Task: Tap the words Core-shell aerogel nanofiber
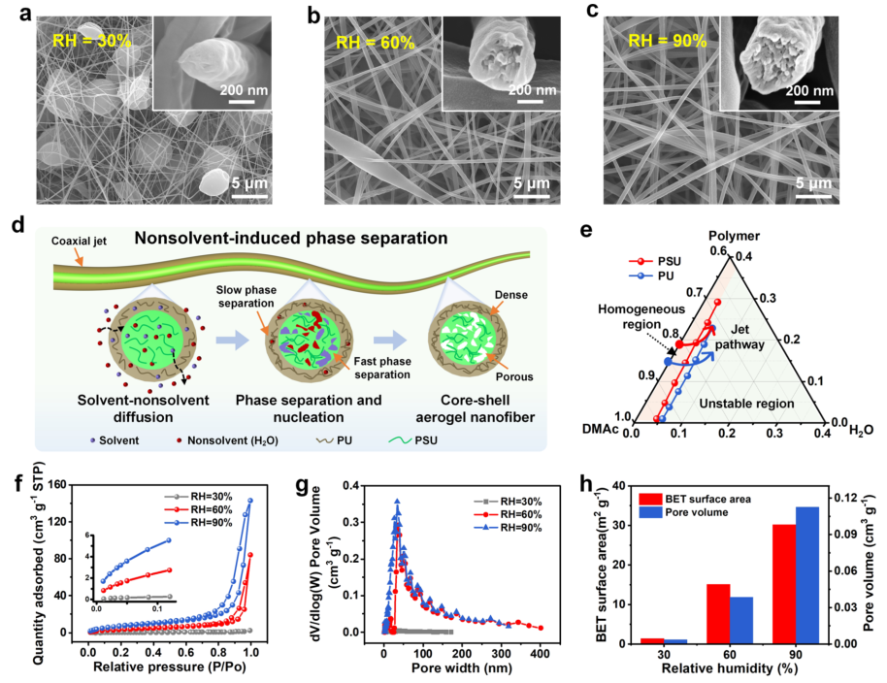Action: [470, 407]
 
